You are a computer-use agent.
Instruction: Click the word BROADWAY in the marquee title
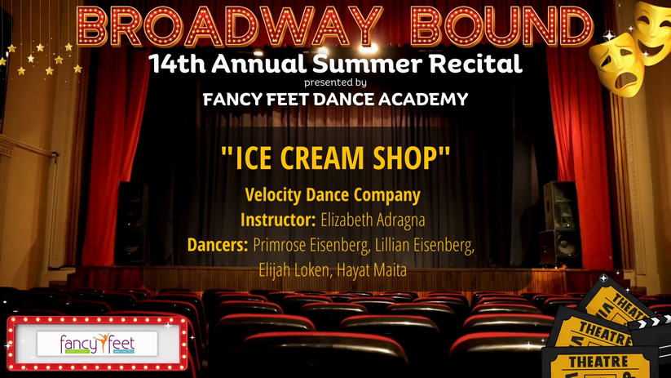click(229, 27)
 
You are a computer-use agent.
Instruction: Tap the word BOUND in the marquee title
click(501, 27)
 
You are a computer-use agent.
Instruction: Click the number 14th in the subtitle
click(177, 64)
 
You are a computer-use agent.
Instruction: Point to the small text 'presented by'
click(335, 82)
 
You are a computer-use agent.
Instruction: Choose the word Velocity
click(273, 195)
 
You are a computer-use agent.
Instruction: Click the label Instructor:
click(278, 220)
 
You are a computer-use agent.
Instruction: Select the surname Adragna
click(400, 220)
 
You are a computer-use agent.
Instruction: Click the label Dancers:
click(218, 245)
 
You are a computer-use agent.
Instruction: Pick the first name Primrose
click(280, 245)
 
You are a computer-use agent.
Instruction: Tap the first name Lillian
click(391, 245)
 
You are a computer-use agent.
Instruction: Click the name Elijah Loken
click(294, 270)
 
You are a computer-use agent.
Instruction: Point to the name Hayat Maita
click(372, 270)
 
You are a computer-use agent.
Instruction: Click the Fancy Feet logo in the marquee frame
click(97, 343)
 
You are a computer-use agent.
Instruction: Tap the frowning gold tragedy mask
click(616, 64)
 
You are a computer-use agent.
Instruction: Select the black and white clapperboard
click(651, 339)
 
